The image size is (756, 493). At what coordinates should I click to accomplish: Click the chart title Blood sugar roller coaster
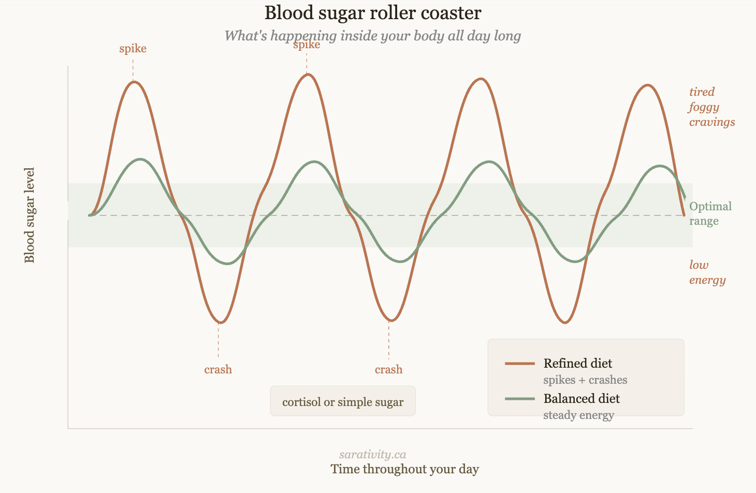373,13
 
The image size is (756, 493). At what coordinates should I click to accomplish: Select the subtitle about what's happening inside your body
373,36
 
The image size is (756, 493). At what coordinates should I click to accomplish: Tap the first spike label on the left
133,49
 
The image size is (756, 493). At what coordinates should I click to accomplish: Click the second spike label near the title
307,45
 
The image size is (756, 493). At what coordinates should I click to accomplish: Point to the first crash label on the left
218,370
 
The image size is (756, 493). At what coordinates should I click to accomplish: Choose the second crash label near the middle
389,370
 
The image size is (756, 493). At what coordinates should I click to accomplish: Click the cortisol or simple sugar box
343,402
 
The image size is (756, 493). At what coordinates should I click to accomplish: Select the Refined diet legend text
577,364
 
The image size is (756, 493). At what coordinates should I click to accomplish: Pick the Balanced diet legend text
581,399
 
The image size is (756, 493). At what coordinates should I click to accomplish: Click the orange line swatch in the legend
520,364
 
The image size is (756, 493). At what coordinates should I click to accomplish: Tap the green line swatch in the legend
520,399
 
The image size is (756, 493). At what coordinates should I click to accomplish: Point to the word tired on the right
702,92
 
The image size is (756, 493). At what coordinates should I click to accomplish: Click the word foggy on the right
704,107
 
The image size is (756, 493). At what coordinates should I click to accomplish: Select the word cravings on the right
712,122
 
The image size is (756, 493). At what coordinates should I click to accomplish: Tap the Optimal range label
710,213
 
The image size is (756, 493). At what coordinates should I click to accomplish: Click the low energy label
707,272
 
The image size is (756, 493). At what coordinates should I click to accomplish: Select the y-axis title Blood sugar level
30,215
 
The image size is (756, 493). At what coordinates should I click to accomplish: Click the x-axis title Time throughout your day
404,469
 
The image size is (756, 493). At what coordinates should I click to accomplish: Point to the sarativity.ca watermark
373,455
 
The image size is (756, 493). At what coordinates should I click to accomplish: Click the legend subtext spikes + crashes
585,380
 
